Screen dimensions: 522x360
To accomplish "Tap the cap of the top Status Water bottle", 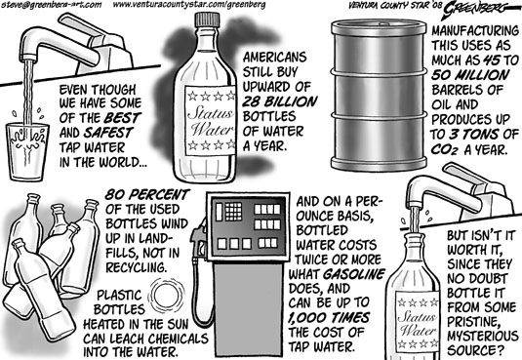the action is pyautogui.click(x=207, y=20).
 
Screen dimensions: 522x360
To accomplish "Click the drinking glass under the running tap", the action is pyautogui.click(x=27, y=152).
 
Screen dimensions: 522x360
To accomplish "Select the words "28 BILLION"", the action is pyautogui.click(x=280, y=101).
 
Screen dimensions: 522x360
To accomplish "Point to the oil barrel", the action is pyautogui.click(x=379, y=96).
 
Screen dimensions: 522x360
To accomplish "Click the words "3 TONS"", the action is pyautogui.click(x=474, y=135).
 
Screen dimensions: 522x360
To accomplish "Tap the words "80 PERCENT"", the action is pyautogui.click(x=147, y=194).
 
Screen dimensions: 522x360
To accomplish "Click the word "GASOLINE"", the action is pyautogui.click(x=354, y=274).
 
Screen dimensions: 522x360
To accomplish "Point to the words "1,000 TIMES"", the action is pyautogui.click(x=329, y=318).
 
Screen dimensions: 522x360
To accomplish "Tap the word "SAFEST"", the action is pyautogui.click(x=108, y=133).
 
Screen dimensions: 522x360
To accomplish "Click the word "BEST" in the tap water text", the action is pyautogui.click(x=123, y=118).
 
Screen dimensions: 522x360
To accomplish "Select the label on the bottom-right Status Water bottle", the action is pyautogui.click(x=418, y=322).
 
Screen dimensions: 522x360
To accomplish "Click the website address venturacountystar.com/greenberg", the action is pyautogui.click(x=189, y=5).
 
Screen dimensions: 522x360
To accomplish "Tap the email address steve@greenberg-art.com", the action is pyautogui.click(x=51, y=5).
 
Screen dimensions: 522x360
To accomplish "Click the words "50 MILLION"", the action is pyautogui.click(x=470, y=75).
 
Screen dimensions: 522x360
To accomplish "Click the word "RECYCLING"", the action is pyautogui.click(x=137, y=267).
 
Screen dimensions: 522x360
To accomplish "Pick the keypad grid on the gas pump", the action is pyautogui.click(x=234, y=212).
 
